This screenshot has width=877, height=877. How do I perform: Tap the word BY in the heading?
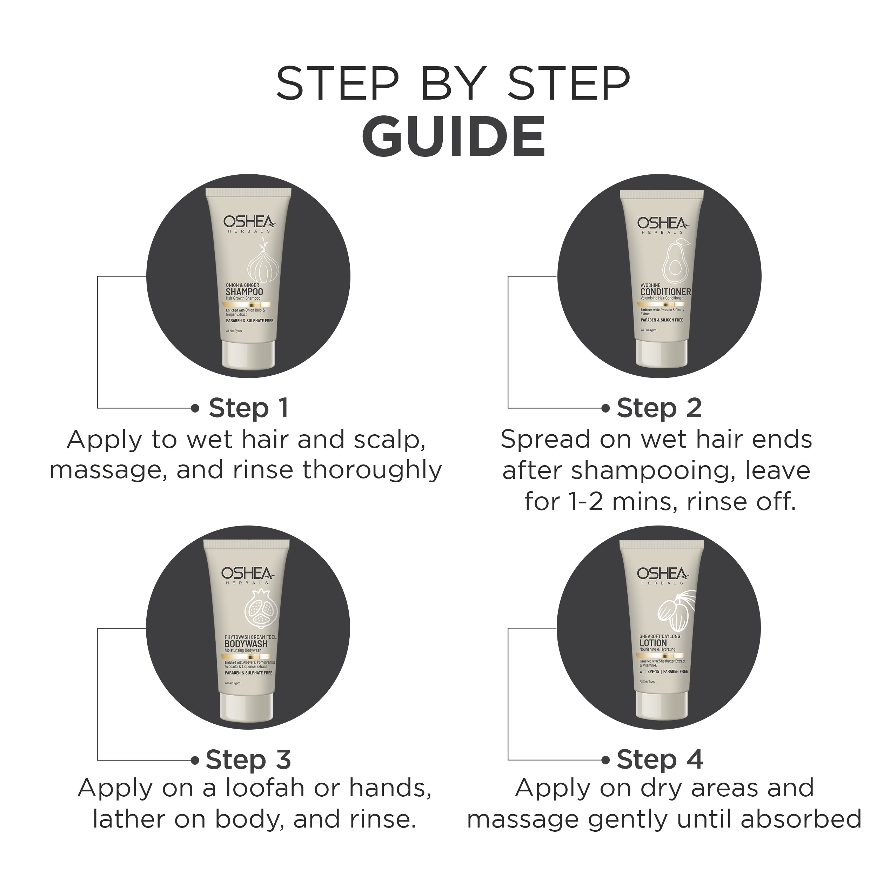(454, 85)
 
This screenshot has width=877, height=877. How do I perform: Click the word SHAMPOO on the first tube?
(244, 292)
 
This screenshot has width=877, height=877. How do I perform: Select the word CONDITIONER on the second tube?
(665, 292)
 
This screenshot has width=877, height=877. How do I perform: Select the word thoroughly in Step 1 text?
(372, 470)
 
